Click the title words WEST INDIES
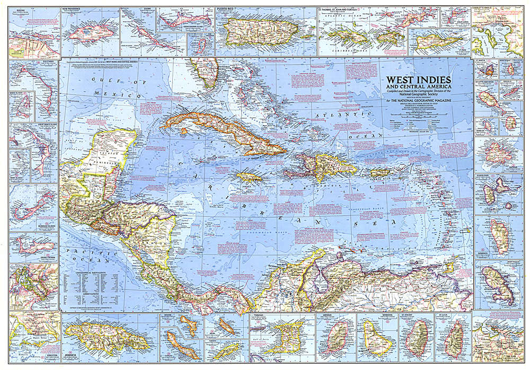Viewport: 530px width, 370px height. coord(415,80)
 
